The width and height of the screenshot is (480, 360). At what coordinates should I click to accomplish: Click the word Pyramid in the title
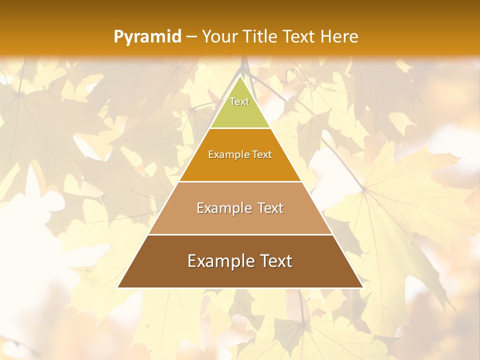(147, 37)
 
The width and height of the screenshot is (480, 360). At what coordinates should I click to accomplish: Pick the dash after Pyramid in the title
(191, 37)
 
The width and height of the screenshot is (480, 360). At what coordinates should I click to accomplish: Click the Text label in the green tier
(239, 101)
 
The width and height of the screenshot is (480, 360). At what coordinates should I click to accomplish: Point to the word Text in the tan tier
(270, 208)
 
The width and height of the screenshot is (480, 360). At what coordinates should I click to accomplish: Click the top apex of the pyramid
(240, 76)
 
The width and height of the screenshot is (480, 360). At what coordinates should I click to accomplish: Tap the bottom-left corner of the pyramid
(118, 287)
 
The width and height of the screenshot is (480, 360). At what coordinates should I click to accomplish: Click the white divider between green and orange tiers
(240, 128)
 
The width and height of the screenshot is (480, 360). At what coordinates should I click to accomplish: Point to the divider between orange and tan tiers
(240, 181)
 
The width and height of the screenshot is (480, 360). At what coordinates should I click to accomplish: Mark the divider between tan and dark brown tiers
(240, 234)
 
